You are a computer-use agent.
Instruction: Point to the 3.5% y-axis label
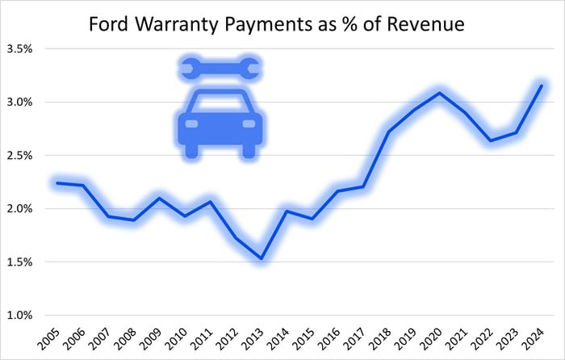point(19,48)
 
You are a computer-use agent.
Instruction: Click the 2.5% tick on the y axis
point(19,155)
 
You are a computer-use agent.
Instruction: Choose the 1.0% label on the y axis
point(19,315)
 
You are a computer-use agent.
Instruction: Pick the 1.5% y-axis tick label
point(19,262)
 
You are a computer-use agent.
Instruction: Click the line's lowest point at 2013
point(262,258)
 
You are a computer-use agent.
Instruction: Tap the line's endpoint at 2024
point(541,86)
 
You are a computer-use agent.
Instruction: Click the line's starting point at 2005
point(56,182)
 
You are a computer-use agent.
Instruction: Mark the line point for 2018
point(388,132)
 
